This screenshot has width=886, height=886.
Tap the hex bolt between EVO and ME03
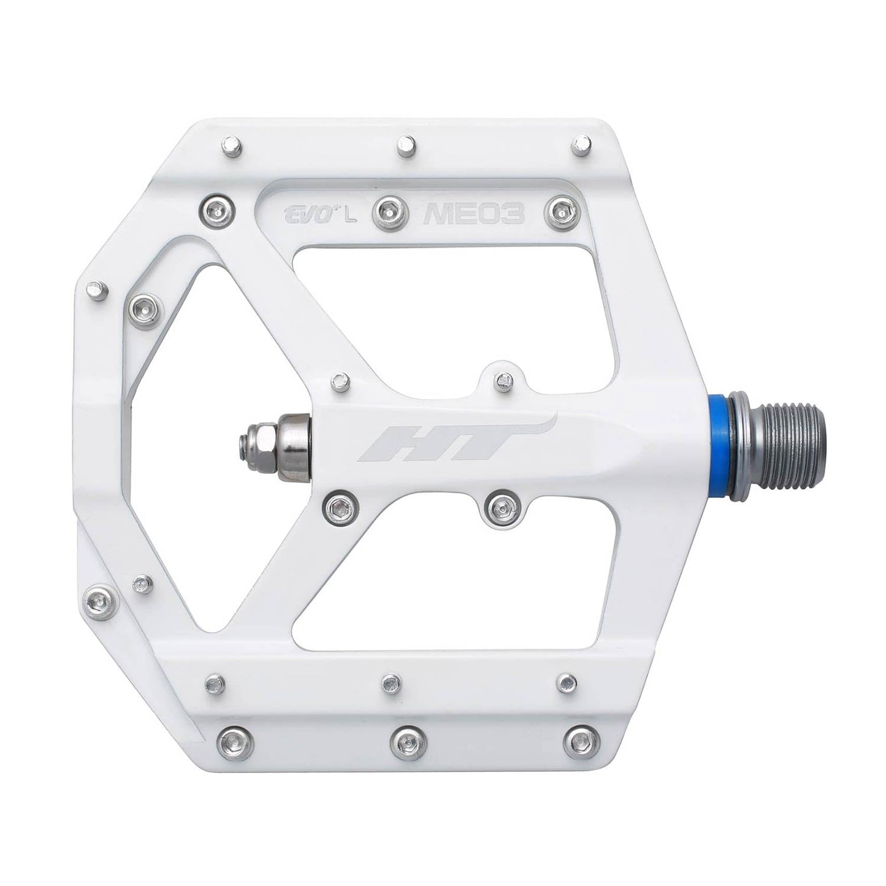click(x=390, y=210)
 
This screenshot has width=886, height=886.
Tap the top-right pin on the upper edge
click(x=579, y=145)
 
